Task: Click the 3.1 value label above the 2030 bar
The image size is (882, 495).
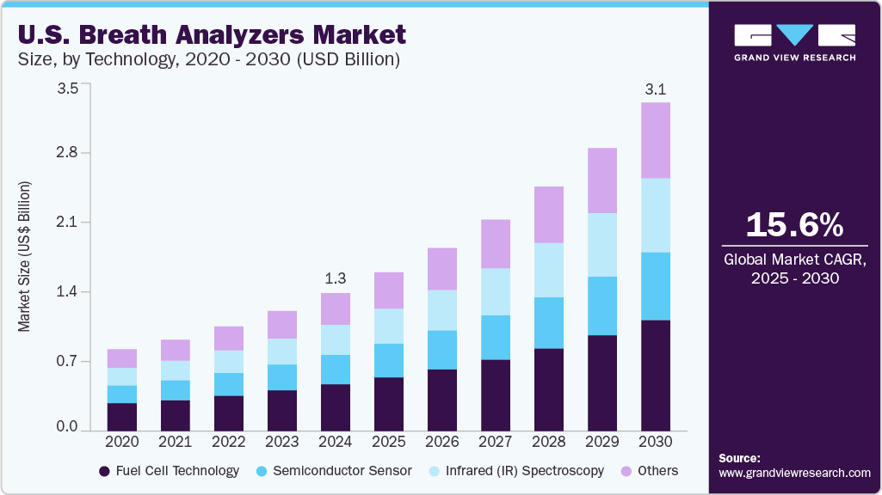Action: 656,89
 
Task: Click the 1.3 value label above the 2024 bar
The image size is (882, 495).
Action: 336,278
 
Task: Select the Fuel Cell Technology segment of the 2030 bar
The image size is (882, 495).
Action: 656,375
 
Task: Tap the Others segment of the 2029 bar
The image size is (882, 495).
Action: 602,180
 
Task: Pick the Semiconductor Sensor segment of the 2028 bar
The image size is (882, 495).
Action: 549,323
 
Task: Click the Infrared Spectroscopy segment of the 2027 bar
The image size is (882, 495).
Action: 496,292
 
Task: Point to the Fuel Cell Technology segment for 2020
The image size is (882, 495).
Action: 122,416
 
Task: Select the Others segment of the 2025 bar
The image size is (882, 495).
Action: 389,290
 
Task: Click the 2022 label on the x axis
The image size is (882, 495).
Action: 229,441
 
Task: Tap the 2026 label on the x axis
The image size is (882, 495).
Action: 442,441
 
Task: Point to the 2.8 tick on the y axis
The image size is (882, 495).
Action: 67,153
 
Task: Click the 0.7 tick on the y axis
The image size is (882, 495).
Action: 67,361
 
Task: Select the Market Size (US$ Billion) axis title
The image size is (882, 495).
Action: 25,257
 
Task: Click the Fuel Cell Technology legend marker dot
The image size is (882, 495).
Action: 105,471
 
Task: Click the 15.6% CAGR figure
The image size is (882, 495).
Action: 794,225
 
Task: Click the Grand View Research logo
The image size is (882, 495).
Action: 794,42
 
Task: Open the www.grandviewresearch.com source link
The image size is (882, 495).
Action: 794,473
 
